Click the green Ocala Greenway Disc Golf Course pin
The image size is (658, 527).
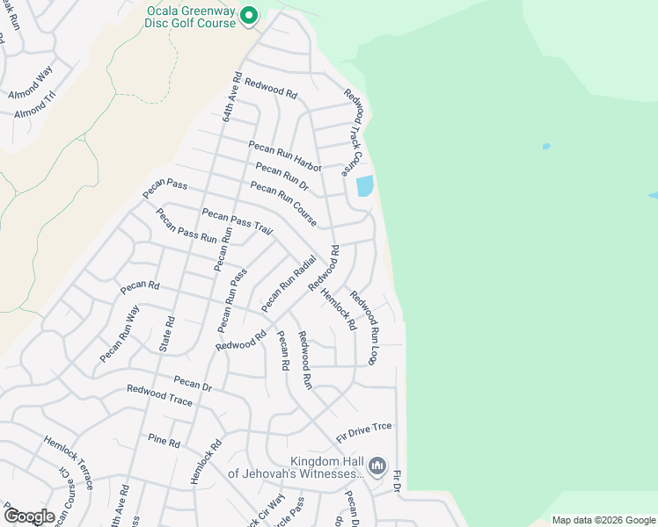pos(249,15)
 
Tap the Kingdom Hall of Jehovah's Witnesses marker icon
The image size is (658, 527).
pos(377,465)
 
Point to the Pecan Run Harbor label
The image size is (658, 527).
pos(285,155)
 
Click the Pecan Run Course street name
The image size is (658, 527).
pos(283,204)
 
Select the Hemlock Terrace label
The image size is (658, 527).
pos(75,458)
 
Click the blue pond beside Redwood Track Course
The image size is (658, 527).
pos(364,186)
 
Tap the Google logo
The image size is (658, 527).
pos(28,516)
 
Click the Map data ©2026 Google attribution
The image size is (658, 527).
pos(603,520)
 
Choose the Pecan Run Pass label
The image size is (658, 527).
pos(232,300)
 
